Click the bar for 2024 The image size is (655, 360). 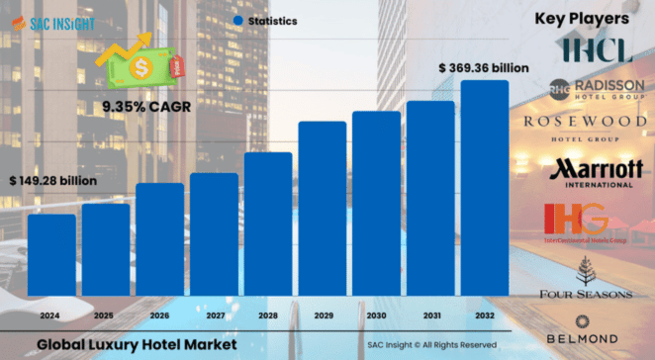tap(51, 254)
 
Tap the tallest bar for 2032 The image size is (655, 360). tap(485, 188)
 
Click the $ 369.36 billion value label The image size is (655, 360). tap(484, 67)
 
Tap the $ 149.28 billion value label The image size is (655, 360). tap(52, 181)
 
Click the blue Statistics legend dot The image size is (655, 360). tap(239, 21)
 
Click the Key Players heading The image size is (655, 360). tap(581, 19)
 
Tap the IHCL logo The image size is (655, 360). tap(595, 48)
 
